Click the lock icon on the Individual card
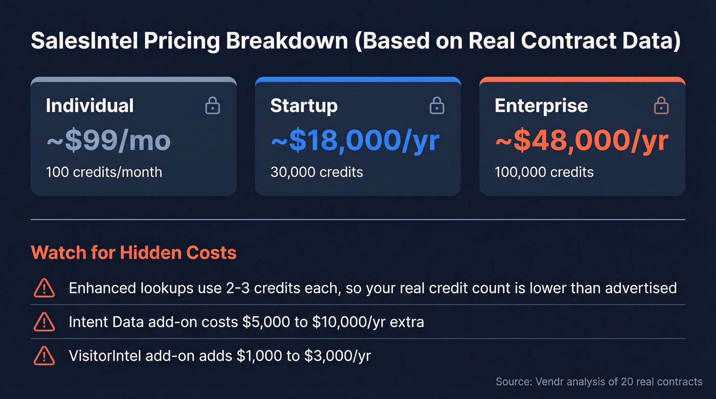click(x=213, y=106)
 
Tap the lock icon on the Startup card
click(x=436, y=106)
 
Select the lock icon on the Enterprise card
click(x=661, y=106)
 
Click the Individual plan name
click(x=90, y=106)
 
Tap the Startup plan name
click(x=304, y=106)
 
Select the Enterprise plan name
click(x=541, y=106)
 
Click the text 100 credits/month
click(x=104, y=172)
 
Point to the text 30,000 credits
click(x=317, y=172)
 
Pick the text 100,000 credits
click(x=544, y=172)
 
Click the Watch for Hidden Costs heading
click(x=134, y=252)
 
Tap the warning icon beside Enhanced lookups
click(x=44, y=288)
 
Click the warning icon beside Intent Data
click(x=44, y=322)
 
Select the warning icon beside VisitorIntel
click(x=44, y=356)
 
